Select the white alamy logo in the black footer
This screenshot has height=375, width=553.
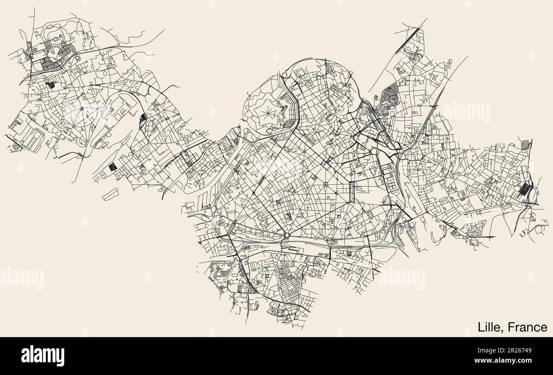pos(43,356)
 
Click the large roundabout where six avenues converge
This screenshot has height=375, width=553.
pos(287,235)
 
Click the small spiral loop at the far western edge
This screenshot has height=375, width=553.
pos(17,146)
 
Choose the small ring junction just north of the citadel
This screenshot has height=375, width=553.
pos(284,75)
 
